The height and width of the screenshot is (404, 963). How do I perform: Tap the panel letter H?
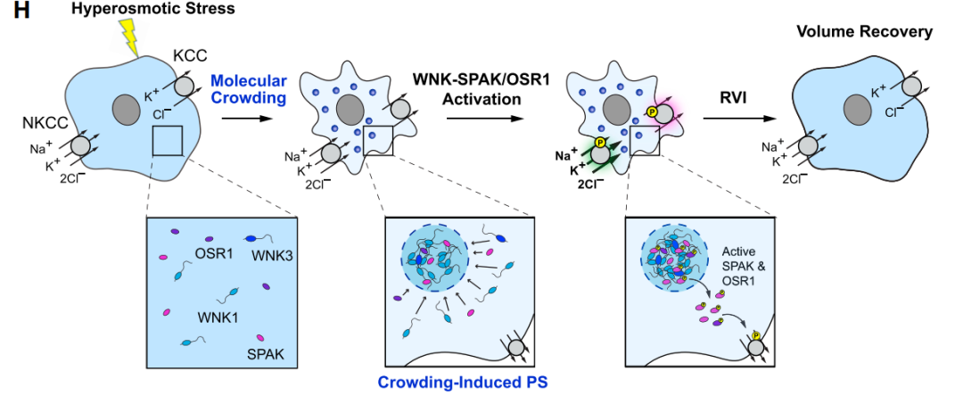click(14, 11)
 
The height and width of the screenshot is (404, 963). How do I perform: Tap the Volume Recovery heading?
click(865, 32)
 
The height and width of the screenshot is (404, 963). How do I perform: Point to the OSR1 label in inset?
click(214, 254)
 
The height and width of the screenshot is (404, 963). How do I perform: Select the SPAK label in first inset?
click(265, 355)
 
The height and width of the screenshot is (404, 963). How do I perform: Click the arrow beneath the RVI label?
click(736, 117)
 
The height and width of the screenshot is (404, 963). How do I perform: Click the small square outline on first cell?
click(168, 140)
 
